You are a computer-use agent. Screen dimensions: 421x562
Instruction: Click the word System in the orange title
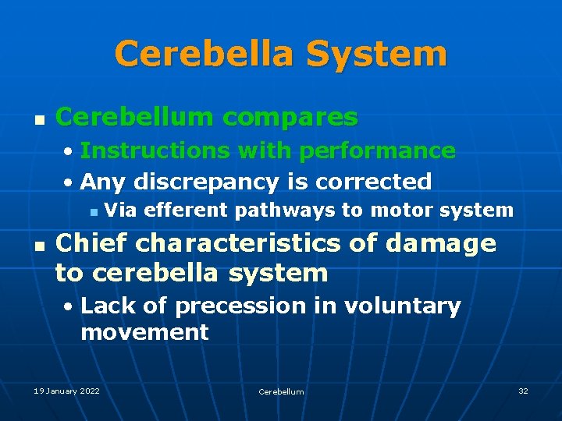(x=377, y=55)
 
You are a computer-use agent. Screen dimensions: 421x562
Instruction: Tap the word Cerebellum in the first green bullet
(x=133, y=118)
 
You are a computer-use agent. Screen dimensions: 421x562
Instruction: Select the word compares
(x=290, y=118)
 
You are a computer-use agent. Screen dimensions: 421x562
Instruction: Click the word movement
(x=144, y=333)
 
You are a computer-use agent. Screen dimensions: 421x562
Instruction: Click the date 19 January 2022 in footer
(x=66, y=391)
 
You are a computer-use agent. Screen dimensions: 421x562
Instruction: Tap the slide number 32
(x=523, y=391)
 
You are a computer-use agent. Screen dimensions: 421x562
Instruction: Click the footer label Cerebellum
(x=281, y=391)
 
